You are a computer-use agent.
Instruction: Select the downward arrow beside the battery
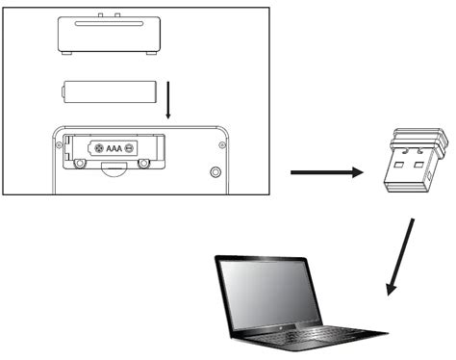(x=168, y=99)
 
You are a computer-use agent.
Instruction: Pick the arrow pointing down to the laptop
(x=400, y=256)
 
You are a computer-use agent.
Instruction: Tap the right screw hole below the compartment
(x=143, y=163)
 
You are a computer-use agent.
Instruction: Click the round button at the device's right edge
(x=214, y=171)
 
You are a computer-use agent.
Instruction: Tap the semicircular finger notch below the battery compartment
(x=113, y=169)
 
